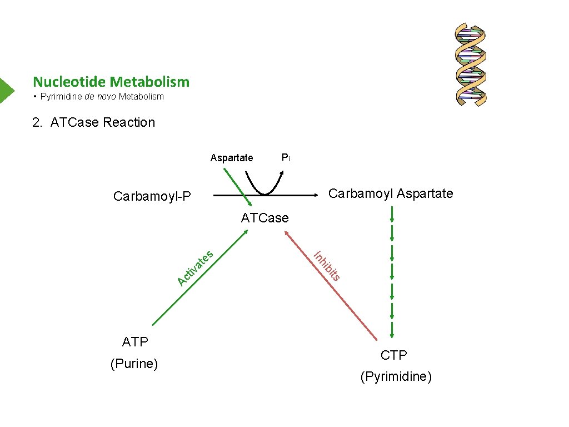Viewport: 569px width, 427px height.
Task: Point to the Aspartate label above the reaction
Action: [231, 158]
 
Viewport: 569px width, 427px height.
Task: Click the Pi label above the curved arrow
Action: [285, 158]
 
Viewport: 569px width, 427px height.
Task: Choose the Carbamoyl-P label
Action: [152, 196]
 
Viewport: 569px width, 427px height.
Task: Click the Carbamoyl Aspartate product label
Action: [391, 193]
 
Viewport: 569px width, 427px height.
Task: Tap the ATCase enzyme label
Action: [264, 218]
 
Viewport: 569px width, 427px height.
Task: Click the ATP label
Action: [135, 342]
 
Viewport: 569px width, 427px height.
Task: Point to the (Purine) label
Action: [134, 364]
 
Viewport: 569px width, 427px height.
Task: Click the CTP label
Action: [394, 355]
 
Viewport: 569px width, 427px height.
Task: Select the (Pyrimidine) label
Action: [396, 377]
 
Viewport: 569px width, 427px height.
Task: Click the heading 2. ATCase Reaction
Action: [93, 122]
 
